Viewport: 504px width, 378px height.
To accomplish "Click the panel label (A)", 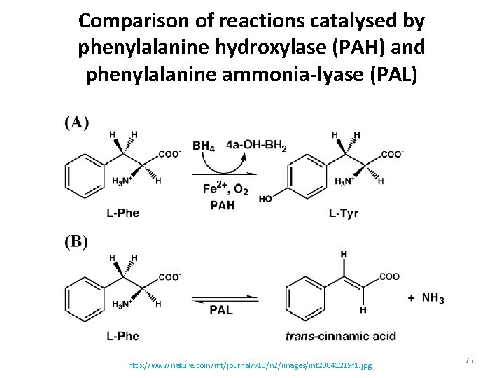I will tap(76, 122).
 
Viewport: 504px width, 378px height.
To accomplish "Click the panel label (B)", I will tap(76, 243).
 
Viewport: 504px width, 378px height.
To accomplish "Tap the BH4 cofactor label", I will tap(204, 146).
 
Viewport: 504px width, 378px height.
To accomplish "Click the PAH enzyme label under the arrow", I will tap(222, 204).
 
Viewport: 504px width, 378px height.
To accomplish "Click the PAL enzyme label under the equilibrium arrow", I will tap(221, 309).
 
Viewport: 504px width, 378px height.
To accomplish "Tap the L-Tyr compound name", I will tap(343, 213).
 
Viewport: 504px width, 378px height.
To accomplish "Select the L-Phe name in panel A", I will tap(123, 213).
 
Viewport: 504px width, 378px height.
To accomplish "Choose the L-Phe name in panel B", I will tap(123, 336).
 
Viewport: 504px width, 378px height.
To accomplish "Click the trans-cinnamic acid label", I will tap(341, 336).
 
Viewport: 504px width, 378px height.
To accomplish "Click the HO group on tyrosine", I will tap(265, 199).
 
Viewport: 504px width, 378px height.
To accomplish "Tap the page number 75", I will tap(469, 360).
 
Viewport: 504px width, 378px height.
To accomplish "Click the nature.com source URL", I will tap(250, 365).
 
